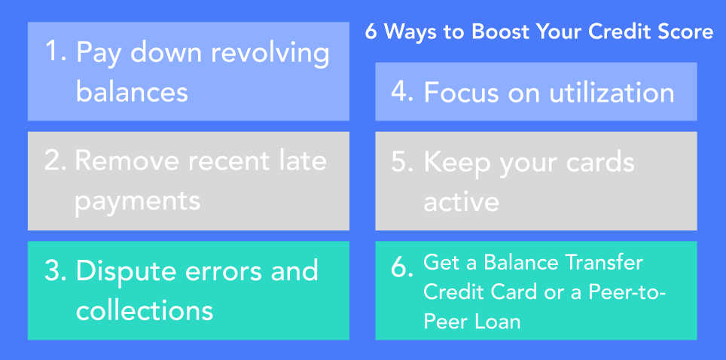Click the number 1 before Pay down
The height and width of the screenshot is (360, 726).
[53, 51]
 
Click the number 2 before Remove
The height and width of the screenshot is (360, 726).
[55, 161]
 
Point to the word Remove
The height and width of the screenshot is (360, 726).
[127, 161]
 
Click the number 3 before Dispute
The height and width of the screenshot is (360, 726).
[55, 271]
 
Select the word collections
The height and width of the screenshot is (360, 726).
[145, 310]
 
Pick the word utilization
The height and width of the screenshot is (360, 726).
[612, 92]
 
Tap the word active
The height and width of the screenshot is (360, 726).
[461, 202]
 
